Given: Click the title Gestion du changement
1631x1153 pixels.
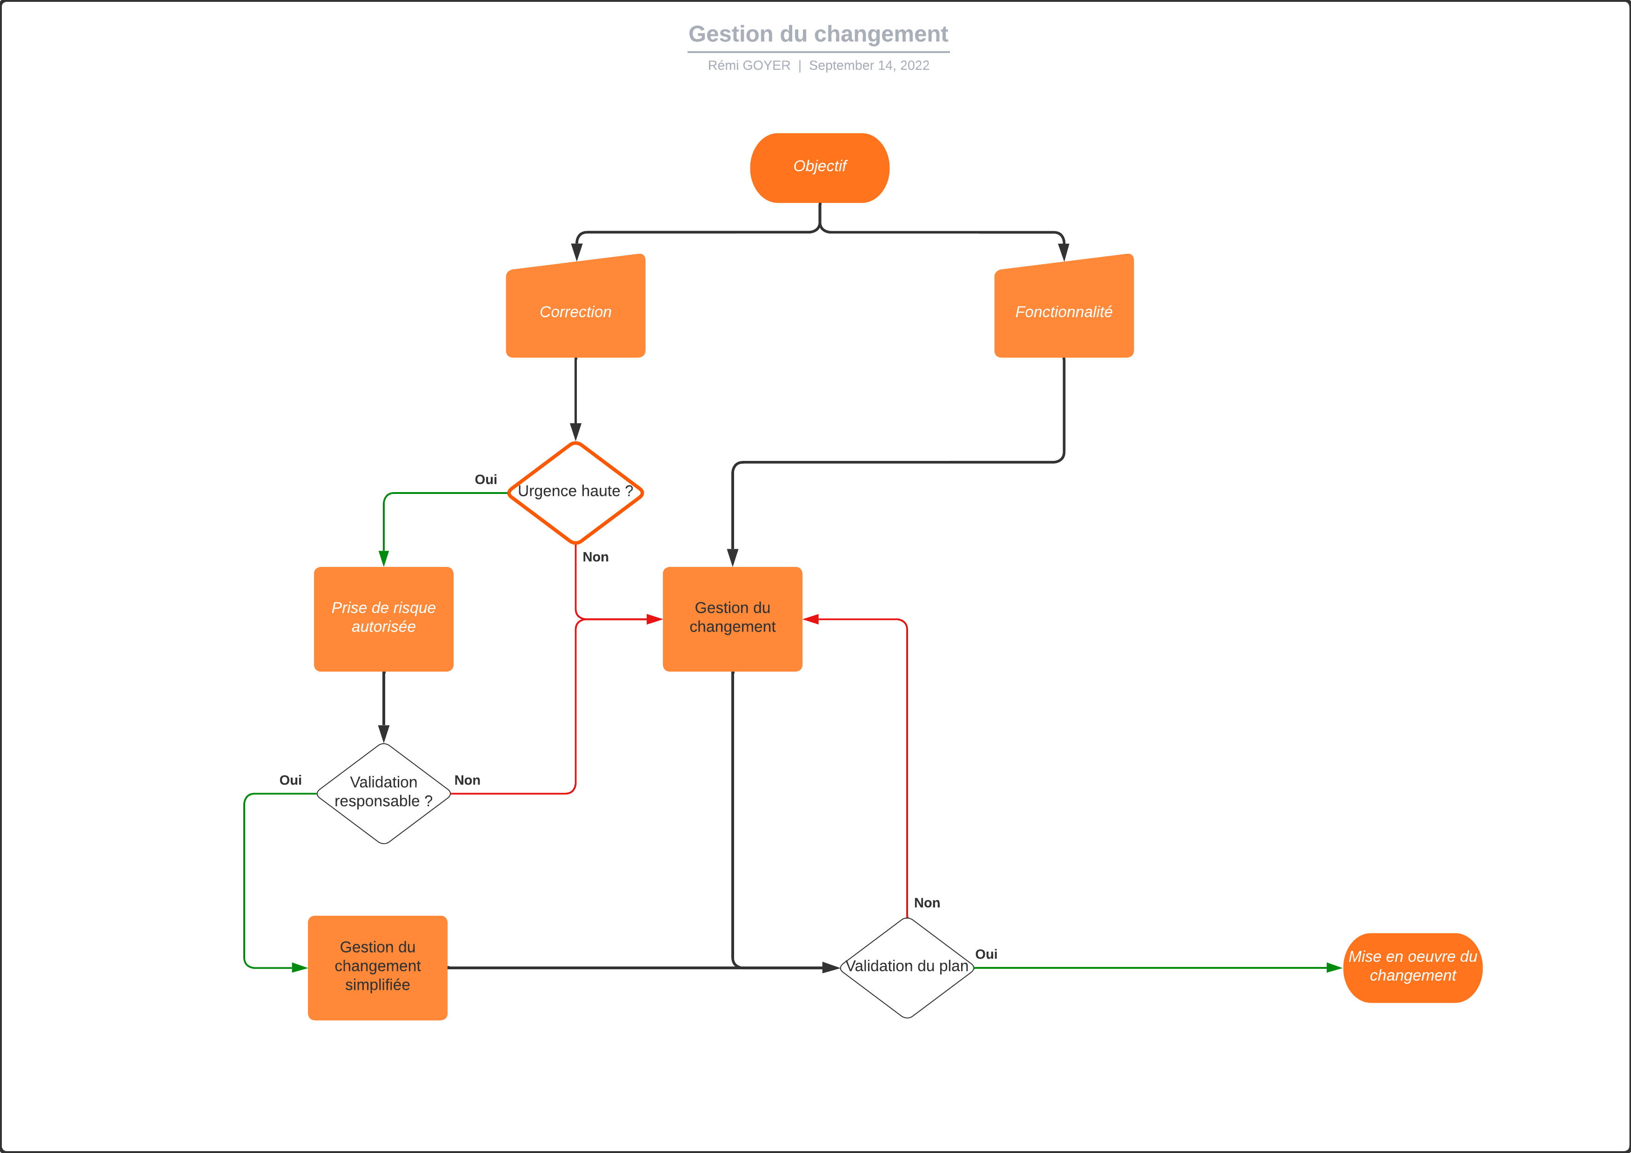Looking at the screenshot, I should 818,34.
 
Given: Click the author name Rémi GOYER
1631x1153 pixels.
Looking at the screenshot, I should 748,66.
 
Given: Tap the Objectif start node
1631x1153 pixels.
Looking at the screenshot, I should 819,167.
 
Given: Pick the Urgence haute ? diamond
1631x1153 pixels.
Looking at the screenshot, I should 575,492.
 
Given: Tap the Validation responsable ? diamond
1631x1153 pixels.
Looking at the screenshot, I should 384,792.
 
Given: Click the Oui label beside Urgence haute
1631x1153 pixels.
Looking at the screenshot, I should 485,480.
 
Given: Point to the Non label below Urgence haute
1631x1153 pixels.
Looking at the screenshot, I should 595,557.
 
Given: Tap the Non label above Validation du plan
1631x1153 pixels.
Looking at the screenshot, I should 926,903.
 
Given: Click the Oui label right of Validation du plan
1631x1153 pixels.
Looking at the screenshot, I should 985,954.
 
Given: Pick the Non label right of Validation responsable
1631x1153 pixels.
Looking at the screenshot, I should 467,780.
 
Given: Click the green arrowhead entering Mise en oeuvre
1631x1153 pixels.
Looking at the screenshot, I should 1333,967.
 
